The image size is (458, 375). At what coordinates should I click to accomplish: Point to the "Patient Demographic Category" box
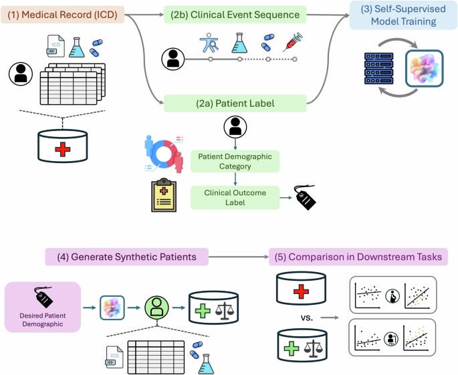click(235, 160)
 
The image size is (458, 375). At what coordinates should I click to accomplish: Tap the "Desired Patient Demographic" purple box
click(43, 307)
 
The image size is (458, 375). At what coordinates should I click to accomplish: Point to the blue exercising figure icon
click(209, 41)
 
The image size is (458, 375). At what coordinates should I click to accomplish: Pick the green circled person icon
click(156, 309)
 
